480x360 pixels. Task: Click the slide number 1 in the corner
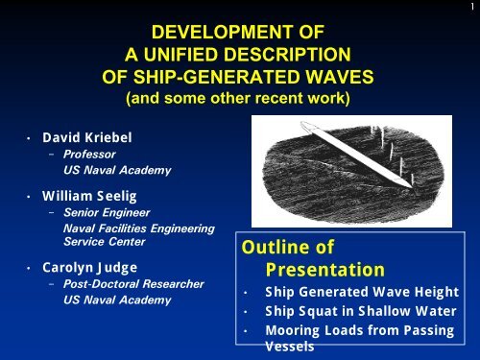[473, 6]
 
